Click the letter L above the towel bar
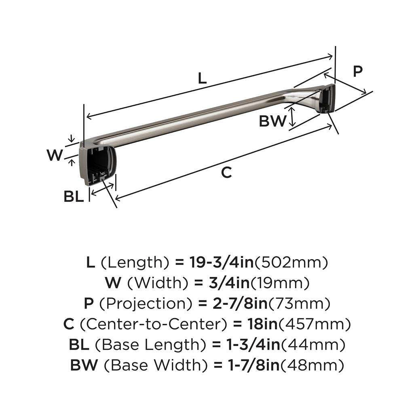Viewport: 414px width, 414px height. pos(202,78)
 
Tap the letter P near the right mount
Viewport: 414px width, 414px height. pos(357,71)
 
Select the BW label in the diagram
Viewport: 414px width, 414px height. pos(272,121)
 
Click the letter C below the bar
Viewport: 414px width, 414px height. pos(227,172)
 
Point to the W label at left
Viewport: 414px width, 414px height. pos(54,155)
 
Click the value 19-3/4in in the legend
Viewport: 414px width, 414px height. pos(221,263)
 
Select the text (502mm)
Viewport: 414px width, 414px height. pos(290,263)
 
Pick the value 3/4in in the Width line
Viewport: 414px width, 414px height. pos(229,283)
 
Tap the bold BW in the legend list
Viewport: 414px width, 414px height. pos(84,365)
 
